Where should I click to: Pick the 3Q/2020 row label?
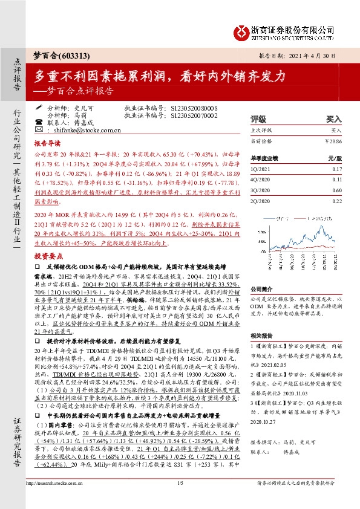(261, 190)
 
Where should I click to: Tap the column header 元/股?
(335, 158)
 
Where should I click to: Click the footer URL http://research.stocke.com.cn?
(57, 499)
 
